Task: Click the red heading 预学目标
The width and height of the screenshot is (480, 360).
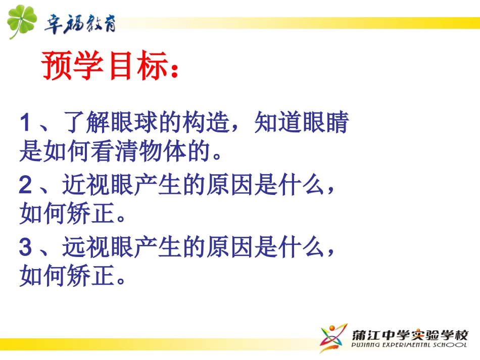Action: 104,66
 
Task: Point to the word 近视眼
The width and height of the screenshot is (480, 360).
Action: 98,186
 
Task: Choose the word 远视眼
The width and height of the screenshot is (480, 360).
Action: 98,248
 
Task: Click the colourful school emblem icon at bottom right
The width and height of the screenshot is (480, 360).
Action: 333,337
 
